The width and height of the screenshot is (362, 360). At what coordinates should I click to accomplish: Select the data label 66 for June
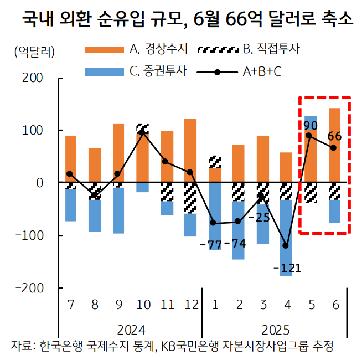click(x=334, y=136)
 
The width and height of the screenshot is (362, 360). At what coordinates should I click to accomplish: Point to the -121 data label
click(x=287, y=269)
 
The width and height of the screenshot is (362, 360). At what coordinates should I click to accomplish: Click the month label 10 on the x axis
click(x=142, y=305)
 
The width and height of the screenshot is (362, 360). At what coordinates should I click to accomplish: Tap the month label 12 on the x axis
click(x=190, y=305)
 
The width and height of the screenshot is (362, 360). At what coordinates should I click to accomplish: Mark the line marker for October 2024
click(x=142, y=132)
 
